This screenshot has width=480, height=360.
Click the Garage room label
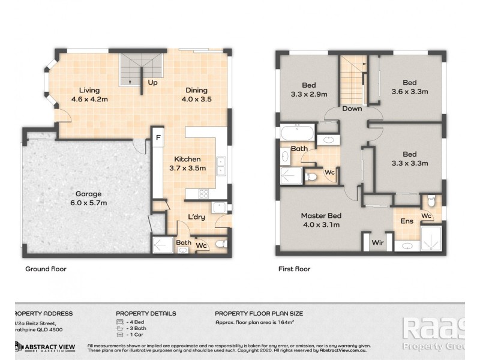(88, 199)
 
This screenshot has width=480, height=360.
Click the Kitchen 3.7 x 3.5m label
(187, 164)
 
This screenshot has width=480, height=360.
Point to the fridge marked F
(158, 138)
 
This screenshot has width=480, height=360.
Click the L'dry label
(197, 217)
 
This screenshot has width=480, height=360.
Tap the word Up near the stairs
(152, 83)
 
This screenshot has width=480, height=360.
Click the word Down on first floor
(352, 109)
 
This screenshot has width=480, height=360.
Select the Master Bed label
(321, 220)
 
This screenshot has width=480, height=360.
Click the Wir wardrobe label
(377, 243)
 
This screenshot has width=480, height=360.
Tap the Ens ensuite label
(406, 221)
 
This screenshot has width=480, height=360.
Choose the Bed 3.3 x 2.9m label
(308, 89)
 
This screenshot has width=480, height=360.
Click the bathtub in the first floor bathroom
(297, 133)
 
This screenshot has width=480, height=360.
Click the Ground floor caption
(46, 269)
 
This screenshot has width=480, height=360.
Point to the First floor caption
(294, 269)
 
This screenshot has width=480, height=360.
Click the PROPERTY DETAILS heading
(146, 313)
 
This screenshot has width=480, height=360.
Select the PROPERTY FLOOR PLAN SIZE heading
(259, 313)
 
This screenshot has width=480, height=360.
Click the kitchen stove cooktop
(203, 193)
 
